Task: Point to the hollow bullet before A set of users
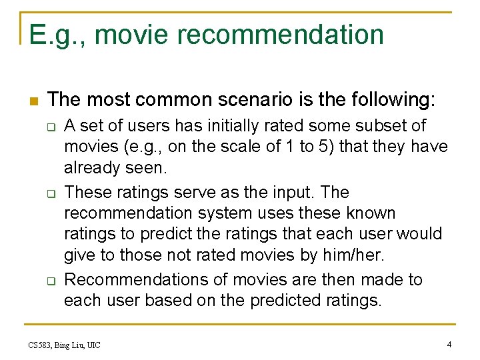point(49,126)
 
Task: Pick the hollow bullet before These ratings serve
point(49,193)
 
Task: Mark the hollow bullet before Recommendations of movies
point(49,281)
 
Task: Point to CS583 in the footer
point(41,345)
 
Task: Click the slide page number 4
point(449,344)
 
